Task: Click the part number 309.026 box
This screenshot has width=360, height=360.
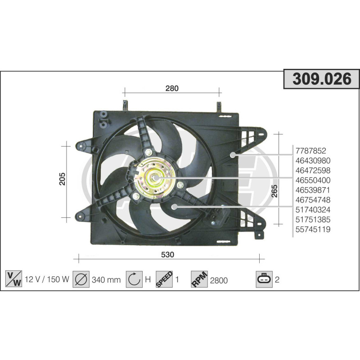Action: [x=322, y=79]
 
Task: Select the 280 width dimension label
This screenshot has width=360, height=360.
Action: [x=172, y=88]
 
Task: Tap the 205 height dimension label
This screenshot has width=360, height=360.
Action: [x=63, y=179]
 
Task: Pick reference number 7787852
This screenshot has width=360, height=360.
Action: [x=310, y=151]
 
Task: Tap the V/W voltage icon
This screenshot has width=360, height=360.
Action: [x=13, y=279]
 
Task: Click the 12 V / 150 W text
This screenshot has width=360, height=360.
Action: [x=47, y=279]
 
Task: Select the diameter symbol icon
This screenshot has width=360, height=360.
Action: [x=81, y=279]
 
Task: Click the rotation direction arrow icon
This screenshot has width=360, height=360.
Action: [x=134, y=279]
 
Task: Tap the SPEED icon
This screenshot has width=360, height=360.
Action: [x=164, y=279]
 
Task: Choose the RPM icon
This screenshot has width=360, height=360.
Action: [x=199, y=279]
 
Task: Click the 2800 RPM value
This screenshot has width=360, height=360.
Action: [x=219, y=280]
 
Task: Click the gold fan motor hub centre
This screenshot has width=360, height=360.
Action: [x=155, y=179]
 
